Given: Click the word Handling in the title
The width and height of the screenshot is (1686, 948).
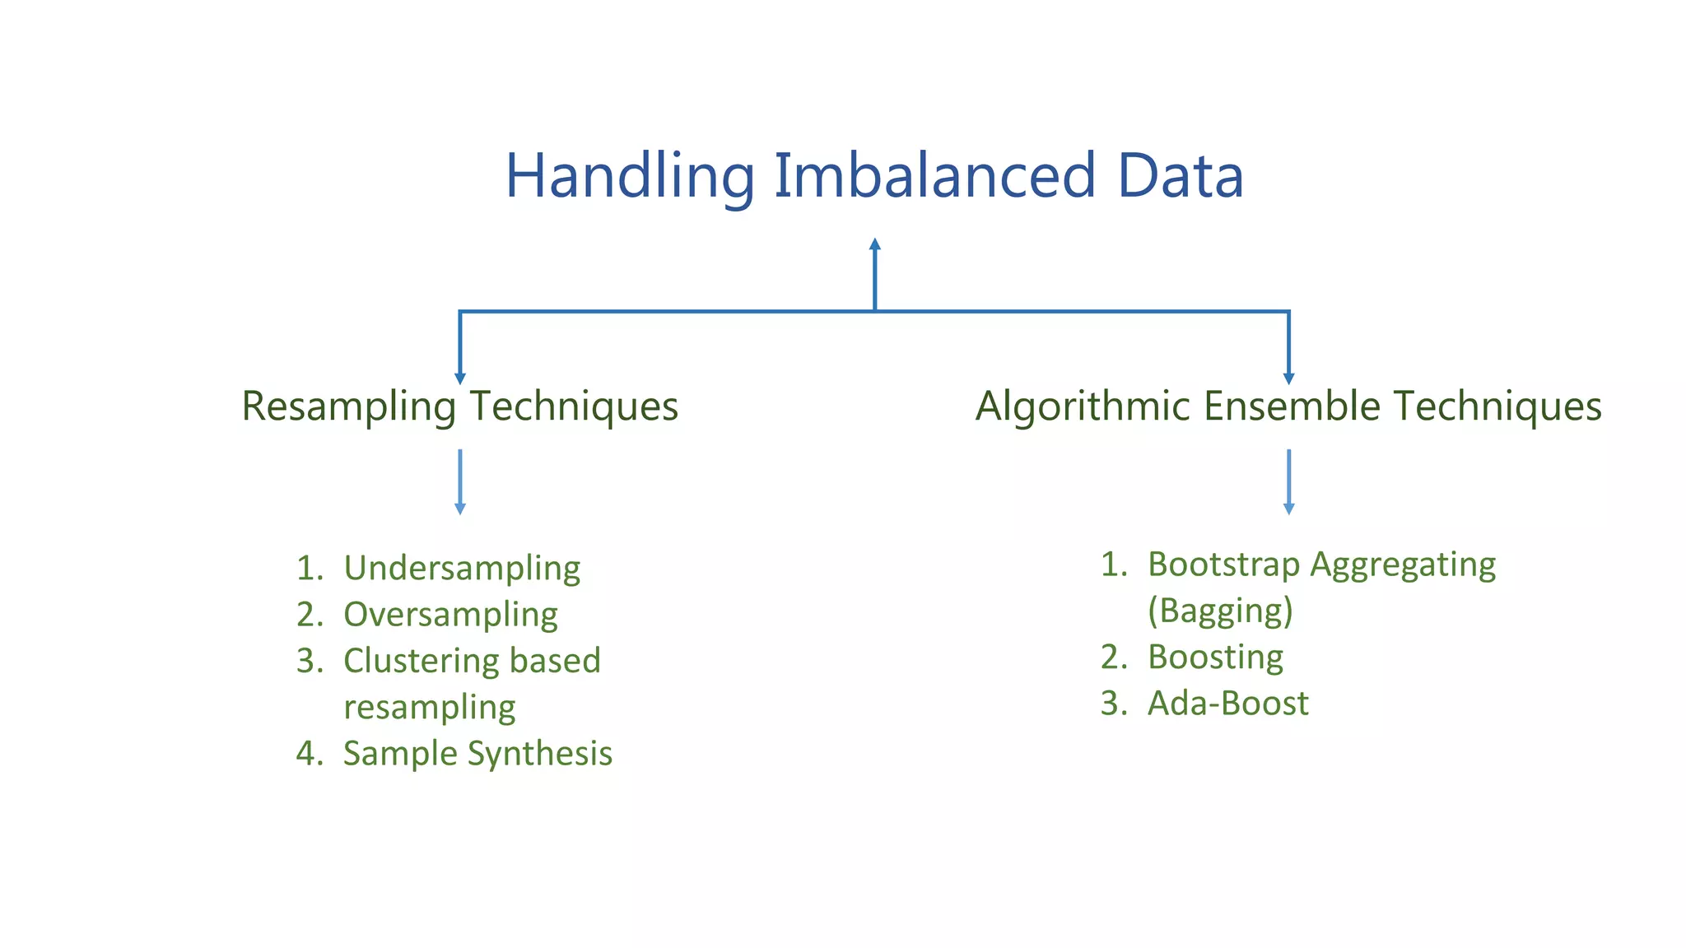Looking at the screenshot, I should [x=630, y=177].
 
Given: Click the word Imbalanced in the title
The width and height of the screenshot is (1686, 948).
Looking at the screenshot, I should [x=934, y=177].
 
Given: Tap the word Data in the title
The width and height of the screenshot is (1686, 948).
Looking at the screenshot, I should [x=1180, y=177].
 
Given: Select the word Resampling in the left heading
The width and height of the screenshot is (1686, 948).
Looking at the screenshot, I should [x=348, y=407].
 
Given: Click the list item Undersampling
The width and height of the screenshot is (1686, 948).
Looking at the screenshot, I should [x=462, y=569].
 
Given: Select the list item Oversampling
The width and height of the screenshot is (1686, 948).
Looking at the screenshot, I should [x=450, y=615].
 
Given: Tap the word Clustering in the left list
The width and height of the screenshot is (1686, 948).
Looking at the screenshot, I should [x=420, y=661].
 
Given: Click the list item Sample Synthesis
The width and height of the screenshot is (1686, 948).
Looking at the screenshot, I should [x=477, y=754].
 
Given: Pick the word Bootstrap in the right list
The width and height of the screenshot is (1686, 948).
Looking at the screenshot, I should [x=1223, y=565].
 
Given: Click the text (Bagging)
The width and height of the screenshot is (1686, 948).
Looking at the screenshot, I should [x=1220, y=611].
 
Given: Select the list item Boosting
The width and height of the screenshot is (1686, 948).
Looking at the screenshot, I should [x=1215, y=658].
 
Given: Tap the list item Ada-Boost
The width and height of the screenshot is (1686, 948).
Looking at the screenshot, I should [x=1227, y=704].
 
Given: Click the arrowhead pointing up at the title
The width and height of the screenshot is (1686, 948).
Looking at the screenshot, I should [x=875, y=244].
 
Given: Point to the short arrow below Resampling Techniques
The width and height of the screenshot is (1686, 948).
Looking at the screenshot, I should [x=460, y=482].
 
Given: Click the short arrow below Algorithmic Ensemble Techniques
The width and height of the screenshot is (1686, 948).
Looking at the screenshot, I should [x=1289, y=482].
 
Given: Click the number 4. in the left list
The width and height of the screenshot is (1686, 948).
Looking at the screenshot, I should [x=310, y=754].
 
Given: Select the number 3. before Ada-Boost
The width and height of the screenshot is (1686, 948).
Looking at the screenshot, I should [x=1113, y=704].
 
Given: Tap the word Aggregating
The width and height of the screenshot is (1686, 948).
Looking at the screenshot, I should [x=1403, y=565].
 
